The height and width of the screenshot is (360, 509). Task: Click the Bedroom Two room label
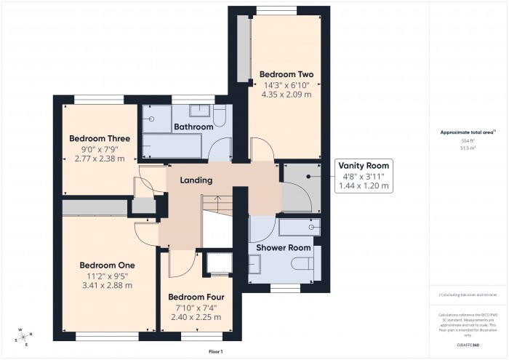(x=286, y=74)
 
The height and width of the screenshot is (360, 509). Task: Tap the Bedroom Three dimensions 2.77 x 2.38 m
(x=100, y=159)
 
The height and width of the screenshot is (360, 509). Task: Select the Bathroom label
(x=193, y=127)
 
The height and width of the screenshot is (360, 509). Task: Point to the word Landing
(x=196, y=180)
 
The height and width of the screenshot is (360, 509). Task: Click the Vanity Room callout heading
(x=364, y=164)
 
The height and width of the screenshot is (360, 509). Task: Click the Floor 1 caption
(x=215, y=351)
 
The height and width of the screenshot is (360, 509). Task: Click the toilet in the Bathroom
(x=221, y=115)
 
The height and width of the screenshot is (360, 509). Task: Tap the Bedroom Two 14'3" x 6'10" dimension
(x=286, y=84)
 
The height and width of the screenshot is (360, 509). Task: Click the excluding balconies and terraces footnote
(x=468, y=295)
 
